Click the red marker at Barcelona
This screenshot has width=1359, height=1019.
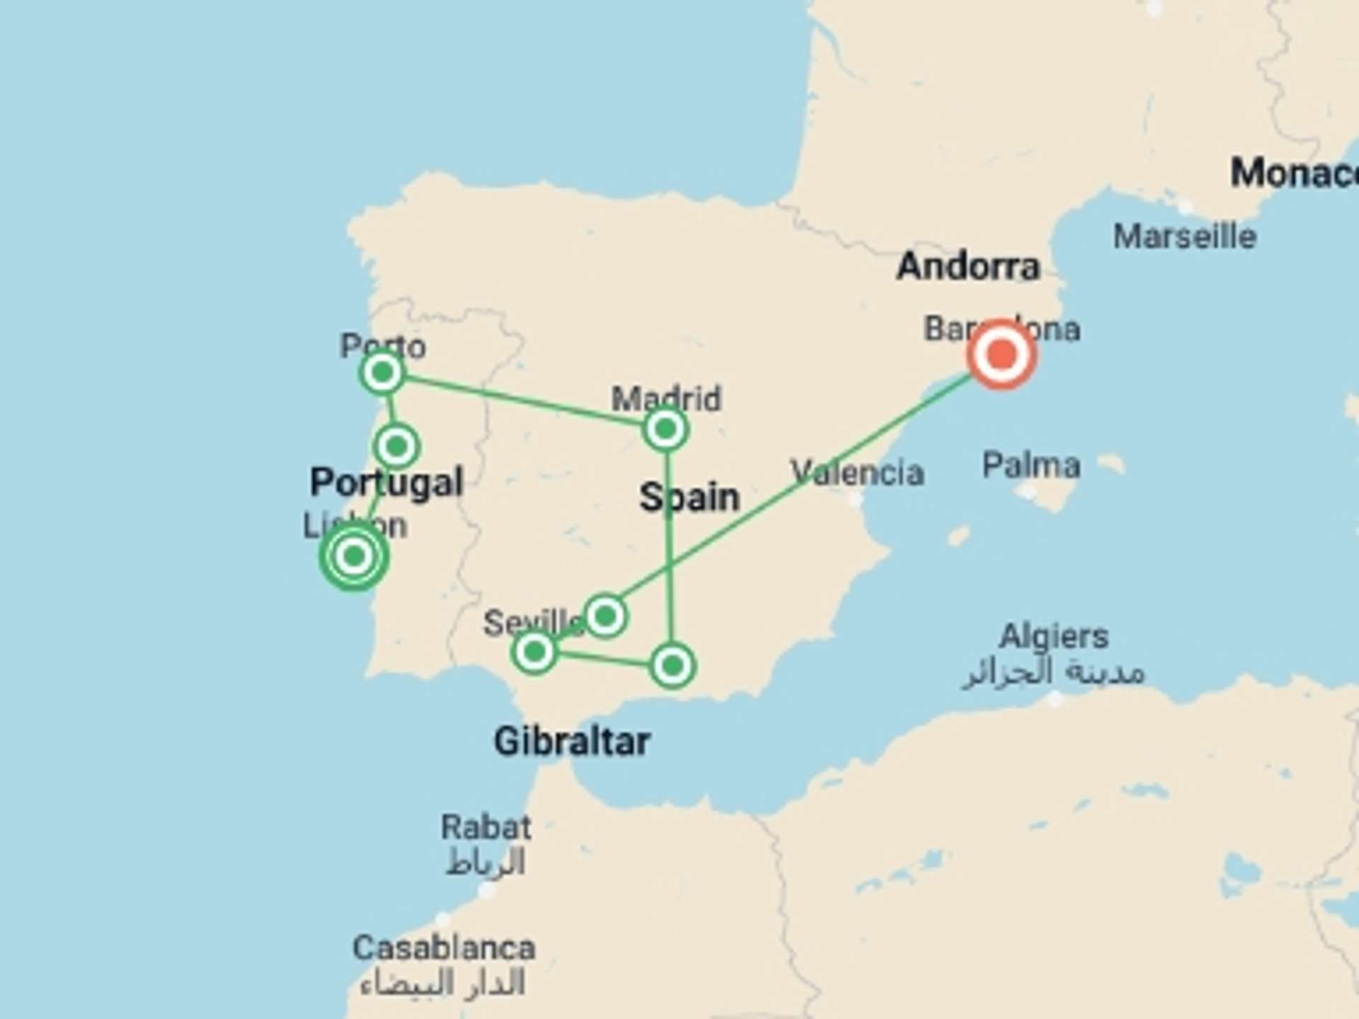pos(1002,354)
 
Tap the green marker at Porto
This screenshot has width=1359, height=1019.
pos(382,372)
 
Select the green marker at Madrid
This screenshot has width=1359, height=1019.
pos(665,429)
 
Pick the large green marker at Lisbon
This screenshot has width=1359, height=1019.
pos(354,557)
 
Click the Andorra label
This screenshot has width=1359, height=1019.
pos(968,267)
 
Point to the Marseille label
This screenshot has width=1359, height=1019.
pos(1184,236)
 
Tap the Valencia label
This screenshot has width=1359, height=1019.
pos(857,472)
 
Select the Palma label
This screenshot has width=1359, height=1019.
pos(1031,466)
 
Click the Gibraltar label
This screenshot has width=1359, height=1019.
pos(571,742)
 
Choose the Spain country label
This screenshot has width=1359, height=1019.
pos(689,497)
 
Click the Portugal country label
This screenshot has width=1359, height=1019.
pos(386,483)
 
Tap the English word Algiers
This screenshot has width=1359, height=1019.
pos(1053,637)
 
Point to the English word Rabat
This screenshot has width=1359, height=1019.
pos(486,827)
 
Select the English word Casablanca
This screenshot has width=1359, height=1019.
pos(444,948)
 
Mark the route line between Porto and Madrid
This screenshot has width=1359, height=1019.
pos(524,401)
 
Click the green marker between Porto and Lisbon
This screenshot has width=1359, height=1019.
pos(396,447)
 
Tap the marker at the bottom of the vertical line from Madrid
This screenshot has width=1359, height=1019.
pos(672,665)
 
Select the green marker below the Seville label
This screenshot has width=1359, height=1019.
pos(534,652)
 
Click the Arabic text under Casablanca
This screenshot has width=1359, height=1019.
pos(443,984)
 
